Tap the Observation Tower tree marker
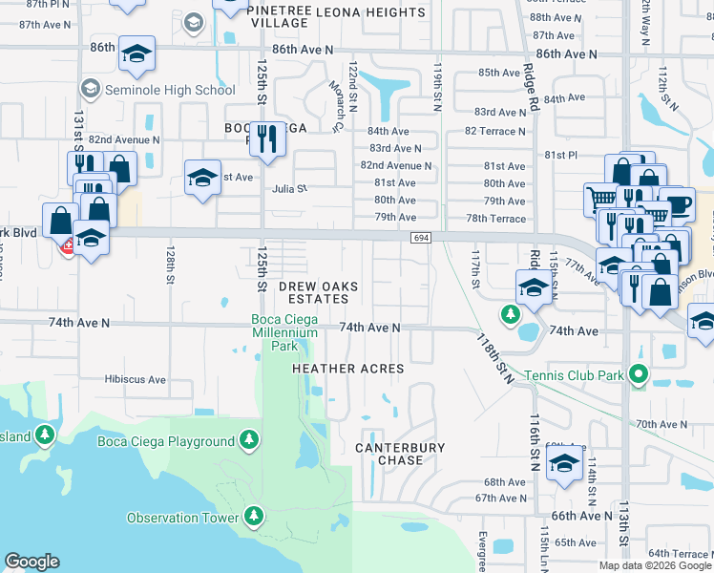253,517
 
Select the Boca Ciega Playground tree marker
249,440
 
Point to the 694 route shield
421,237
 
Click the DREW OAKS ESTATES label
312,292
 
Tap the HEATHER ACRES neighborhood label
347,369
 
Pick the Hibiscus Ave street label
136,379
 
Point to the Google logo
32,562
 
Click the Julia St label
289,188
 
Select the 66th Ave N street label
581,516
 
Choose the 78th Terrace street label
495,219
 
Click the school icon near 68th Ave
565,465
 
